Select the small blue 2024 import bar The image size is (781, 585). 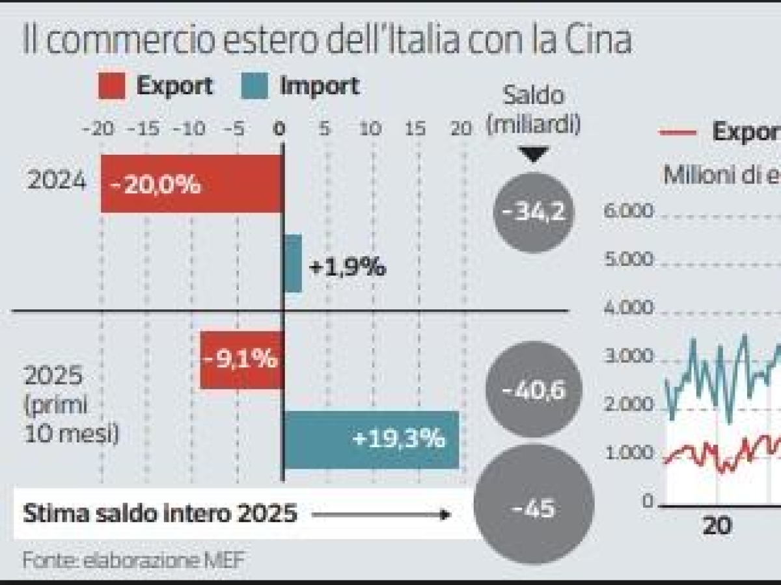[293, 264]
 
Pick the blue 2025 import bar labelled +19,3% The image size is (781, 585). [371, 440]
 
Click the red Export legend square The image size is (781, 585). [112, 86]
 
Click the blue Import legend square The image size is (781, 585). [254, 86]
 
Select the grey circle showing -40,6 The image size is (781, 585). [534, 390]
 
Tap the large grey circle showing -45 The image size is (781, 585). [534, 507]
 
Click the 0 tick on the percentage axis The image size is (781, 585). [281, 129]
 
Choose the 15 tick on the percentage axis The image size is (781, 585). [417, 129]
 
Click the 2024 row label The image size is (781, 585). [56, 181]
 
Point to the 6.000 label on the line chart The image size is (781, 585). [628, 211]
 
